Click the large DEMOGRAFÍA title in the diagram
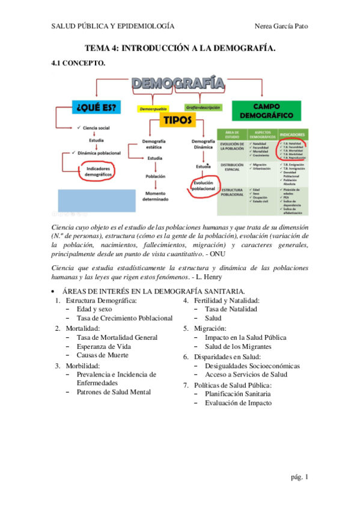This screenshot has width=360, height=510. [x=178, y=84]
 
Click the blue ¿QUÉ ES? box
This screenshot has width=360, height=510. [x=96, y=108]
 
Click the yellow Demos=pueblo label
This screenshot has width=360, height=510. [x=154, y=109]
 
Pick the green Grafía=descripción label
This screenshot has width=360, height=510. [x=203, y=108]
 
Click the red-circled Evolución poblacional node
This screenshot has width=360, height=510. [x=203, y=186]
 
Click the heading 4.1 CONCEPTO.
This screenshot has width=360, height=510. [x=78, y=63]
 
